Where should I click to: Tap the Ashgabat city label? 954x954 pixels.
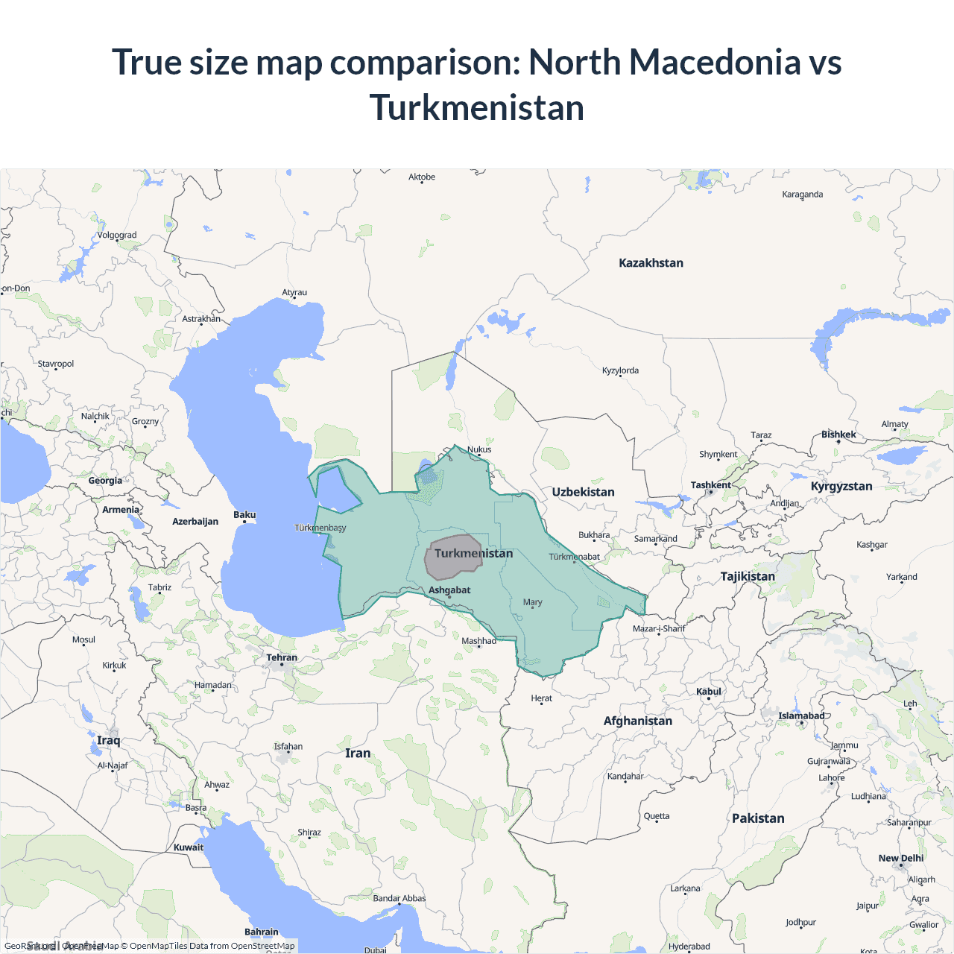pyautogui.click(x=449, y=590)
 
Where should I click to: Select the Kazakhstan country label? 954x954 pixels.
pyautogui.click(x=651, y=263)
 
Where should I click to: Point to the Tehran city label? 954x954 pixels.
pyautogui.click(x=282, y=657)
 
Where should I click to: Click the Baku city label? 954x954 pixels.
pyautogui.click(x=244, y=515)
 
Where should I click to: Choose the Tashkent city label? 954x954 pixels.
pyautogui.click(x=710, y=485)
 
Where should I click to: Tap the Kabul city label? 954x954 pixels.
pyautogui.click(x=709, y=692)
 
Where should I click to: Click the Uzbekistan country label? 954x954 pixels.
pyautogui.click(x=583, y=492)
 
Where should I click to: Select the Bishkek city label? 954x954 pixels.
pyautogui.click(x=838, y=435)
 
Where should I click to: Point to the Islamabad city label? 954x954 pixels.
pyautogui.click(x=801, y=716)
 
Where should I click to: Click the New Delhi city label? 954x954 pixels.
pyautogui.click(x=900, y=859)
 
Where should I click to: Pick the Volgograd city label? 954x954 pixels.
pyautogui.click(x=117, y=236)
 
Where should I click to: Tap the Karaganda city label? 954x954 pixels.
pyautogui.click(x=803, y=195)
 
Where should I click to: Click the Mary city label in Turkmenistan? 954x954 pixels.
pyautogui.click(x=533, y=602)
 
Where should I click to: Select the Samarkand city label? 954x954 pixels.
pyautogui.click(x=656, y=539)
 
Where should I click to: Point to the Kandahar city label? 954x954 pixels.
pyautogui.click(x=625, y=777)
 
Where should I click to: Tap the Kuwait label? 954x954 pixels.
pyautogui.click(x=189, y=847)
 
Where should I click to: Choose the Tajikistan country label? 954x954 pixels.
pyautogui.click(x=748, y=576)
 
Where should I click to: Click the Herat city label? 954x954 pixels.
pyautogui.click(x=542, y=698)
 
